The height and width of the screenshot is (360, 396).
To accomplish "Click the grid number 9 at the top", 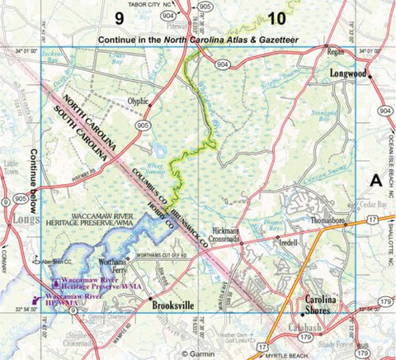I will coord(120,17).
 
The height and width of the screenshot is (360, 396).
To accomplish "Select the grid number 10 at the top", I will coord(278,17).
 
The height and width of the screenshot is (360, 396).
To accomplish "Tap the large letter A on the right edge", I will coord(376,181).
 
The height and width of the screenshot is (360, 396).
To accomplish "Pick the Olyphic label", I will coord(137,102).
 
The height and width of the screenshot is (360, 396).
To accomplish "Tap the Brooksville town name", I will coord(177,304).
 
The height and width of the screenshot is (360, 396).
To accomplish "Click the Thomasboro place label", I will coord(330,221).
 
